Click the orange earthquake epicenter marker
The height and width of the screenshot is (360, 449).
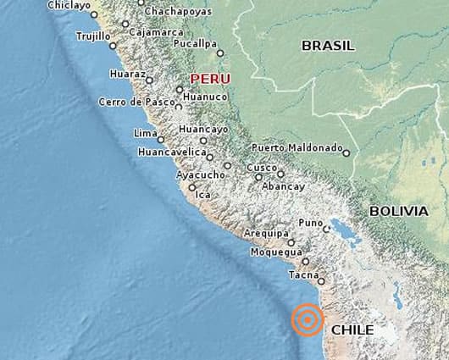click(307, 321)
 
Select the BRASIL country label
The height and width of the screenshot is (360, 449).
click(328, 46)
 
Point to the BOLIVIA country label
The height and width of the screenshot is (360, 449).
click(398, 211)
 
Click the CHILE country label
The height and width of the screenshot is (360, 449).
click(352, 330)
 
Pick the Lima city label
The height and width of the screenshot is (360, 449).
click(145, 133)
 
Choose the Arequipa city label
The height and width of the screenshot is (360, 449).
click(267, 233)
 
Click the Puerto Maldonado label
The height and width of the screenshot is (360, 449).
click(297, 147)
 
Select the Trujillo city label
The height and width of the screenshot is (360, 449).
click(93, 36)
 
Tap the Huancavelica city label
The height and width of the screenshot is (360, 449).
click(172, 152)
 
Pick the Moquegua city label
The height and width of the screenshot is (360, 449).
click(275, 252)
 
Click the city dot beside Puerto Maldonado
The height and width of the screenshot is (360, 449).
click(346, 153)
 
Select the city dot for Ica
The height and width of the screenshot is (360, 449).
click(192, 187)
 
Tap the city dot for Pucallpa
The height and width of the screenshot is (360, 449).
click(220, 53)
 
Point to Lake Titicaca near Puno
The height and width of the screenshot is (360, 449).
click(342, 229)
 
